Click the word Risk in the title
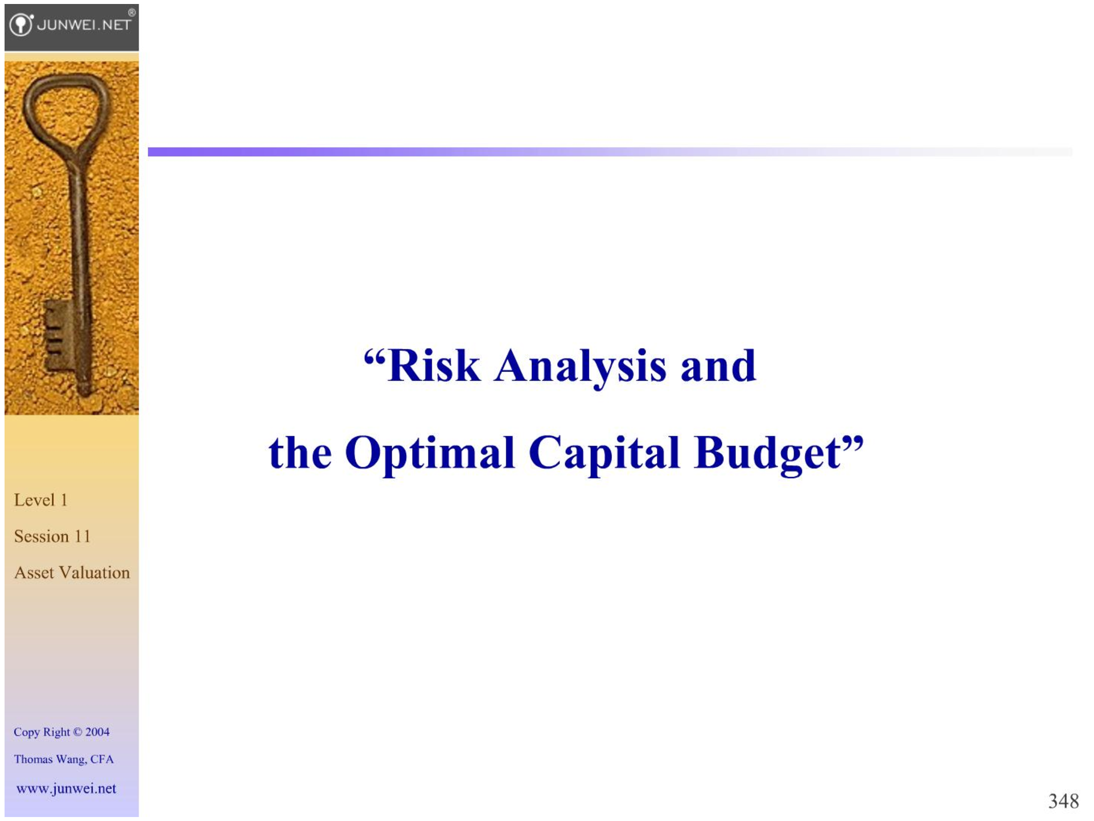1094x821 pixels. (x=434, y=366)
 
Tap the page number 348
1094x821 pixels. (x=1063, y=801)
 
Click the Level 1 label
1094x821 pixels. (x=41, y=500)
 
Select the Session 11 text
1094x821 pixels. (x=52, y=536)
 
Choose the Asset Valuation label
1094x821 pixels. (x=72, y=573)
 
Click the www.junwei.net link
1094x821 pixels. (x=66, y=789)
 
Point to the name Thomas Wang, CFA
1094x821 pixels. (x=64, y=759)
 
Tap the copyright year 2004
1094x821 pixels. (x=97, y=732)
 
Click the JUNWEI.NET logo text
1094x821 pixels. (x=84, y=24)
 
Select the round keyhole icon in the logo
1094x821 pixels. (x=21, y=24)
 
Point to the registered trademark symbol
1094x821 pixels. (x=131, y=12)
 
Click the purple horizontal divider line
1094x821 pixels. (x=610, y=152)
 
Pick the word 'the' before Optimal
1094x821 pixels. (x=300, y=454)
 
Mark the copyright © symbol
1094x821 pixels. (x=78, y=732)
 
